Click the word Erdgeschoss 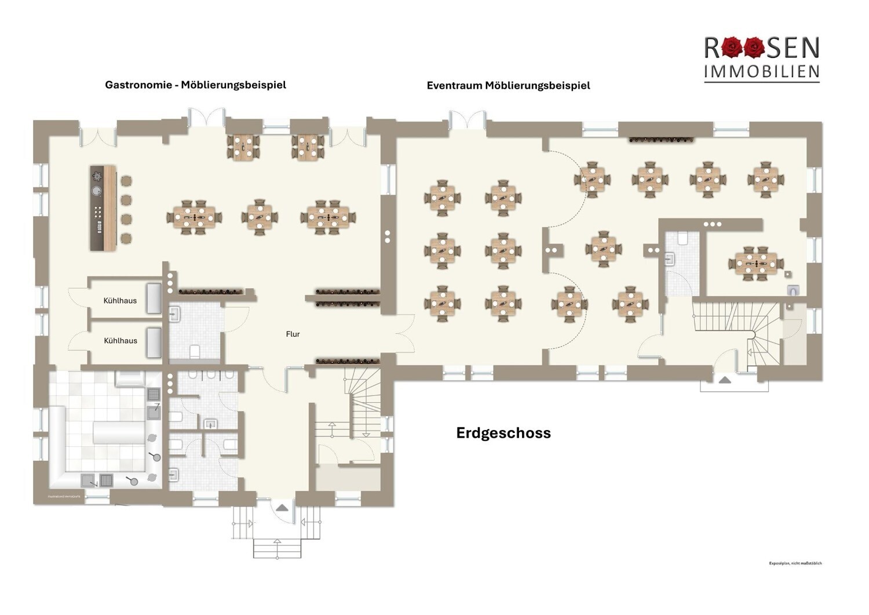coord(503,433)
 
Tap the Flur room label coord(293,334)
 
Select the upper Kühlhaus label coord(120,300)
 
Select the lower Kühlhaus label coord(121,340)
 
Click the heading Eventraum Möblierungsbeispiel coord(508,85)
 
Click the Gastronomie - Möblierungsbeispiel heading coord(195,85)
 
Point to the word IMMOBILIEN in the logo coord(761,71)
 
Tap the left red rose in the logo coord(732,48)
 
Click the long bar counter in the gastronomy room coord(103,208)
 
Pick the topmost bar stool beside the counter coord(126,181)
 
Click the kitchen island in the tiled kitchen coord(118,432)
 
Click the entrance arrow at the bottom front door coord(282,507)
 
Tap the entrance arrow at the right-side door coord(725,380)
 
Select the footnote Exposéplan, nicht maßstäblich coord(795,563)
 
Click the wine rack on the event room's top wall coord(661,140)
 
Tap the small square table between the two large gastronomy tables coord(259,217)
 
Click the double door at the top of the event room coord(466,120)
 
